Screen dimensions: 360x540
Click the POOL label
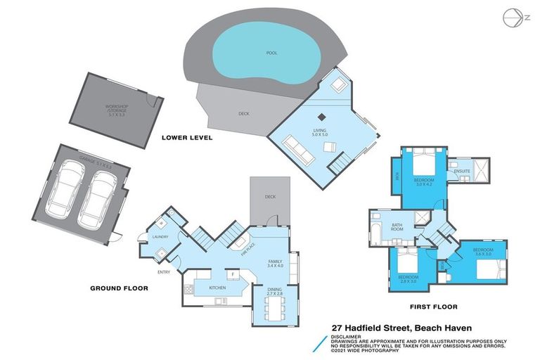271,53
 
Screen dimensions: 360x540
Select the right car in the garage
99,199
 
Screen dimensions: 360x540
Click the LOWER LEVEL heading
186,137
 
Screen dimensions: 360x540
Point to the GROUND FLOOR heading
119,288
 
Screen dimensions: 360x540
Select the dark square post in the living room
321,117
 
